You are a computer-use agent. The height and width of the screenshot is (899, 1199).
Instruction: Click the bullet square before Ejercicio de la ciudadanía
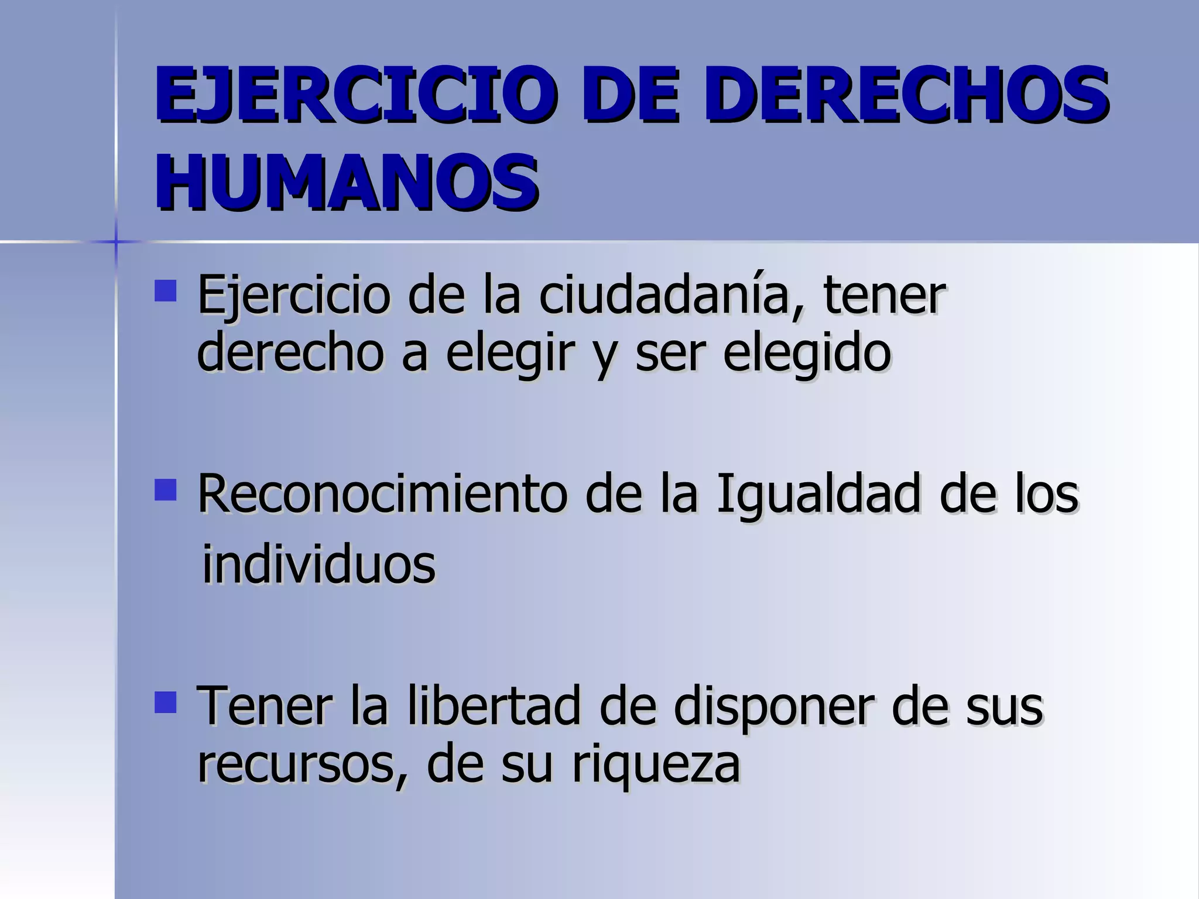point(166,291)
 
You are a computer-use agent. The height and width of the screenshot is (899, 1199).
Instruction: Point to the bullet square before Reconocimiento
point(166,490)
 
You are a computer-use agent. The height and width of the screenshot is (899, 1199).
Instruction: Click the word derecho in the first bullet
point(290,353)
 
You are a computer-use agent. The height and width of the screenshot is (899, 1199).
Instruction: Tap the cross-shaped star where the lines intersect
point(116,242)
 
